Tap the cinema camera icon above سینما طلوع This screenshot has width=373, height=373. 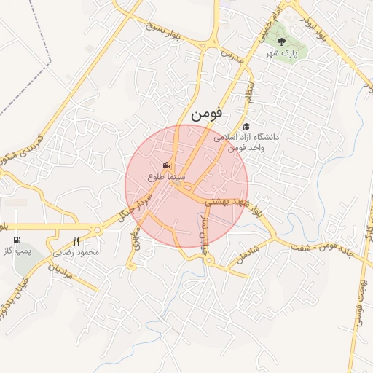pos(167,165)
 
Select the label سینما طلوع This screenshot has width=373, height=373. pos(167,177)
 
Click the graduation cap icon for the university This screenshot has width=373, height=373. pos(246,126)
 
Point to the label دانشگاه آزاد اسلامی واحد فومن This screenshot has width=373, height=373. pos(246,142)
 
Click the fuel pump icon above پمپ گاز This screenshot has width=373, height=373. pos(17,239)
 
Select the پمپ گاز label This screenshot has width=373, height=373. pos(19,251)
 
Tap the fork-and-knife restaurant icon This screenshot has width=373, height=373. pos(76,241)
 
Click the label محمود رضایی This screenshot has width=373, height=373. pos(76,252)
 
